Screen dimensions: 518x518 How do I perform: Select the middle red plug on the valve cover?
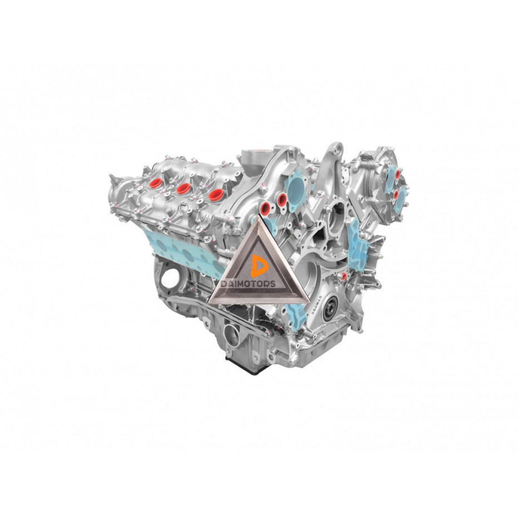pyautogui.click(x=183, y=189)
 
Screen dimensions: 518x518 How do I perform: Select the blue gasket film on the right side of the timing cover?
pyautogui.click(x=358, y=244)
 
